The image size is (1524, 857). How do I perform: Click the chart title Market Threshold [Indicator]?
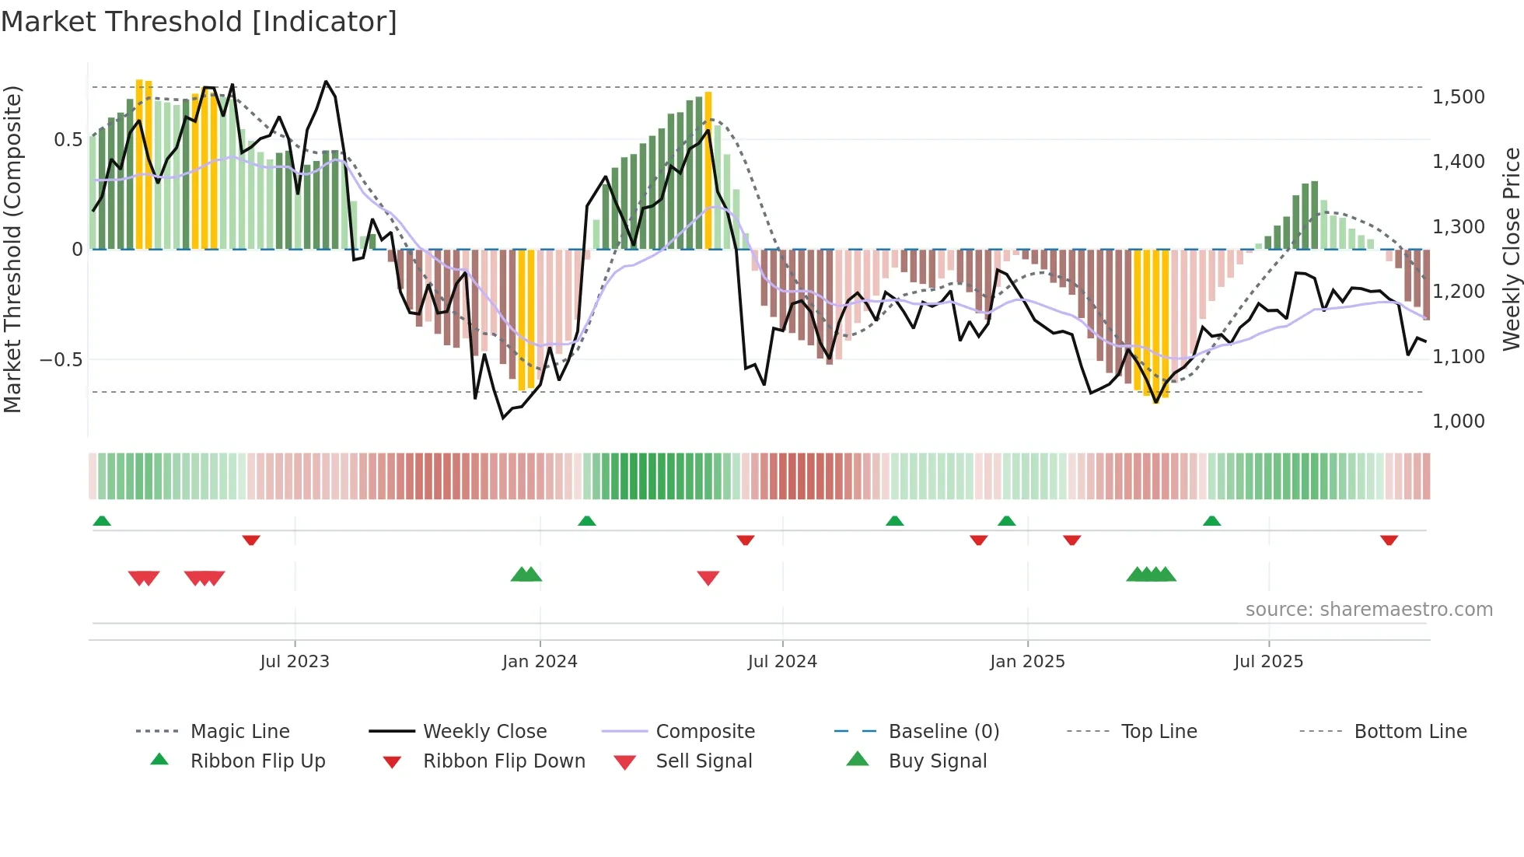click(x=199, y=22)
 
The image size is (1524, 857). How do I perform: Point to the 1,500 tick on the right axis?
click(x=1458, y=97)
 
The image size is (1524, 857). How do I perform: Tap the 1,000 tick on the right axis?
click(x=1458, y=422)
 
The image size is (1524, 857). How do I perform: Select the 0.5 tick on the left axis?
click(x=68, y=140)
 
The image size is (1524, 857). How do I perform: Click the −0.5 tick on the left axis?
click(x=61, y=359)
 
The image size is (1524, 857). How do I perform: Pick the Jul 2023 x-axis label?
click(x=295, y=662)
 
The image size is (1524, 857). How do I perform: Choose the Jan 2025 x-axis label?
click(x=1027, y=662)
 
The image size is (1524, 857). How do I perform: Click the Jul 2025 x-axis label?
click(x=1268, y=662)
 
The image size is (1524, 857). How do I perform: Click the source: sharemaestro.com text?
click(x=1368, y=610)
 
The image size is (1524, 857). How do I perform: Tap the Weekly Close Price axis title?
click(x=1511, y=249)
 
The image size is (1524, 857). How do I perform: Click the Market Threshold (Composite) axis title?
click(x=12, y=249)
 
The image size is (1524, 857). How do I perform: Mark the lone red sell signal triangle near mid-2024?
click(x=708, y=577)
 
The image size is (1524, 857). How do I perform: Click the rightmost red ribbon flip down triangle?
click(x=1389, y=540)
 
